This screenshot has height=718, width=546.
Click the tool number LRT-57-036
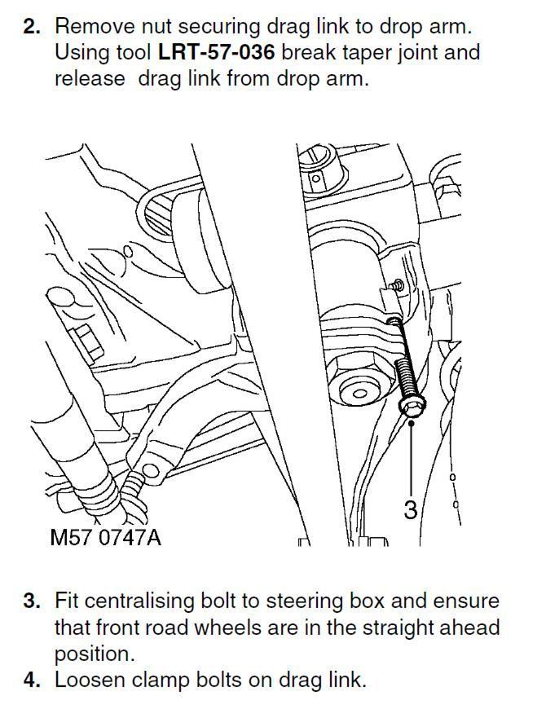216,53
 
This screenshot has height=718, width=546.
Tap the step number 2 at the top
32,27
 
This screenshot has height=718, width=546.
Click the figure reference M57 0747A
106,538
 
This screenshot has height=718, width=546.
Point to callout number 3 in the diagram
411,509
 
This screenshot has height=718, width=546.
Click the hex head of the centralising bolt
412,407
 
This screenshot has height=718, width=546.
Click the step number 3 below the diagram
32,601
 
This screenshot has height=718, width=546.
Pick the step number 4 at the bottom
32,680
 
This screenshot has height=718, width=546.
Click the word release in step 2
90,79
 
